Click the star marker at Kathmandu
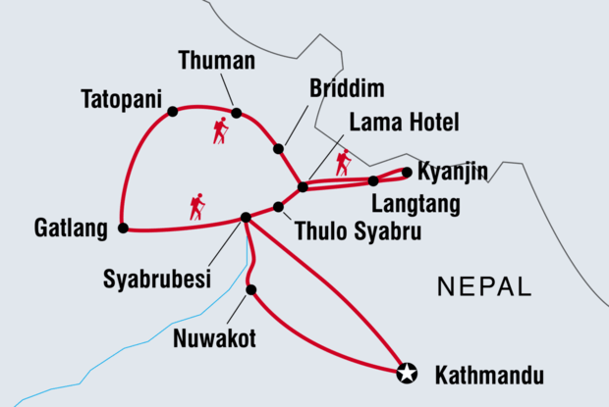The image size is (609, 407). pos(407,372)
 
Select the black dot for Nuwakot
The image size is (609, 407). pos(251,289)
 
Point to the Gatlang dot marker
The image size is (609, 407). pos(123,228)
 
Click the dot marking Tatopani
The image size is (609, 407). pos(173,111)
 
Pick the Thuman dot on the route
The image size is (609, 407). pos(236,112)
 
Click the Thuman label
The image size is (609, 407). pos(217,61)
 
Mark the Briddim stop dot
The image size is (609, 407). pos(278,149)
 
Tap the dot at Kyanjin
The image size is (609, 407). pos(407,172)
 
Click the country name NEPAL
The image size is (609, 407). pos(484,287)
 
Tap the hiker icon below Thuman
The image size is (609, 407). pos(220,130)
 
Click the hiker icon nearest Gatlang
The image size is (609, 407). pos(197,206)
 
